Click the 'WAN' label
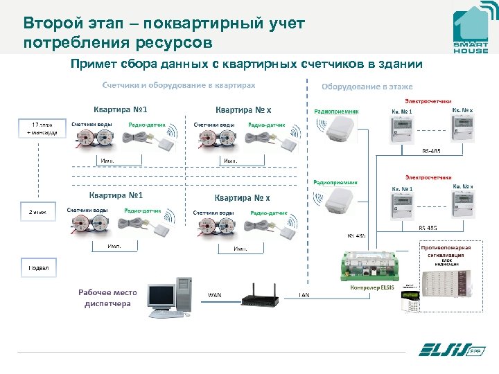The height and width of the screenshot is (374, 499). coord(215,295)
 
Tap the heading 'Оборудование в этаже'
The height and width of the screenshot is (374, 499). coord(367,87)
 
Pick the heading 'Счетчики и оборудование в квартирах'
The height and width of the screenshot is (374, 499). coord(179,85)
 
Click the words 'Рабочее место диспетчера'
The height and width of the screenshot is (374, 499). coord(107,297)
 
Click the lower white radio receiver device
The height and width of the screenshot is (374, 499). coord(336,202)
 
